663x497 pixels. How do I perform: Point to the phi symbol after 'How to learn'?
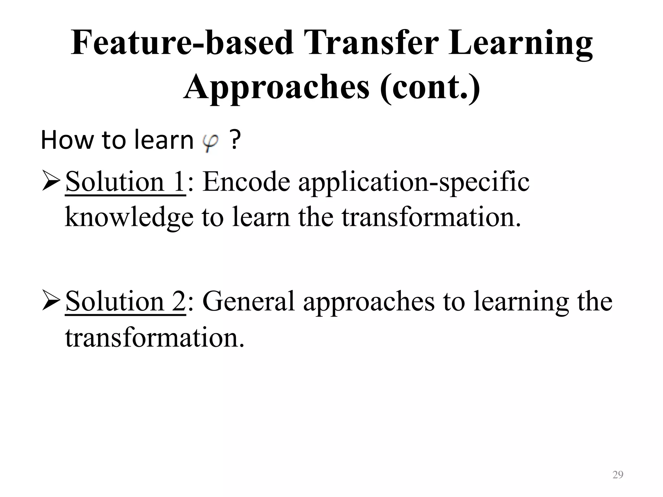(210, 142)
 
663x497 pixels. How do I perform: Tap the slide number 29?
(618, 475)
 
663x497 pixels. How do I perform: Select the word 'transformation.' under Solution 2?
(154, 337)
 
